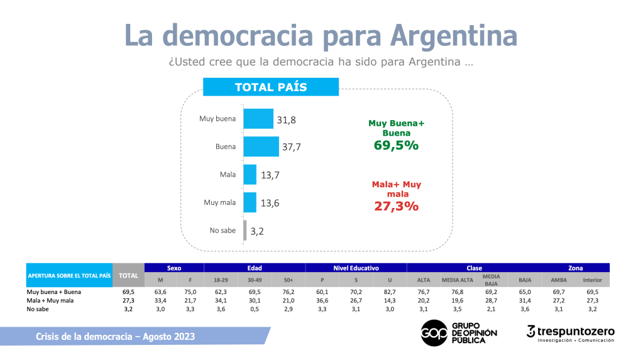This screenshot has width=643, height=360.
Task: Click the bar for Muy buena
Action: pos(258,119)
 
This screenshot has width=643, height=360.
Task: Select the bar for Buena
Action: pos(261,146)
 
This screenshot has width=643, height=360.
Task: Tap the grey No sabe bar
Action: pos(245,231)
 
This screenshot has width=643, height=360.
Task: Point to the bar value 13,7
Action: pos(270,175)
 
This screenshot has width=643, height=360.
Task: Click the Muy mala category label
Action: pos(220,202)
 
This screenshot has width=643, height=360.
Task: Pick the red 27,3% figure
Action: pos(396,206)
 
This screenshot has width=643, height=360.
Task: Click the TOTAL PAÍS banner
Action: pos(270,87)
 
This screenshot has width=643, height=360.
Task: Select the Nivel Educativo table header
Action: pos(356,268)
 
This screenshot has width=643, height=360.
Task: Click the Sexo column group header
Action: pos(174,268)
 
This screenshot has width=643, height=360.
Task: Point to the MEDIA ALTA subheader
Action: pos(458,280)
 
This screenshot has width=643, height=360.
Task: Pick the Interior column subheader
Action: pos(592,280)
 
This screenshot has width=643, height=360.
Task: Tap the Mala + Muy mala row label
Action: pos(50,301)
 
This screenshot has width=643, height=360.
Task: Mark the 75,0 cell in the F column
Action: pos(190,292)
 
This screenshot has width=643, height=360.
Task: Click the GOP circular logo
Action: pos(434,332)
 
